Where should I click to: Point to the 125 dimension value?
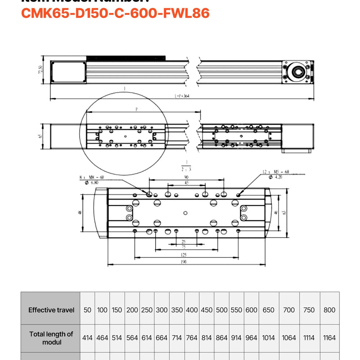pos(184,255)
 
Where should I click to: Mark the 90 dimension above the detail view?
pos(186,177)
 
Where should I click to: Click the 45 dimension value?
pos(186,183)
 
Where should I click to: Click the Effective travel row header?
pos(50,310)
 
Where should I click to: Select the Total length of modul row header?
pos(50,337)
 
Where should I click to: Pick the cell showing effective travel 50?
pos(87,310)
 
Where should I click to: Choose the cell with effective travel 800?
pos(329,310)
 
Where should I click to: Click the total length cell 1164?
pos(329,337)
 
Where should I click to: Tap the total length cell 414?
pos(87,337)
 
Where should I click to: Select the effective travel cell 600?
pos(252,310)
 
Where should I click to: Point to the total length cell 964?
pos(252,337)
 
